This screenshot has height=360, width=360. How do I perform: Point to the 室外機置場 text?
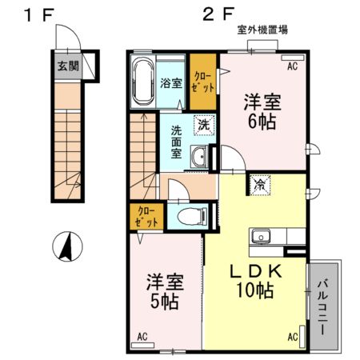coord(262,30)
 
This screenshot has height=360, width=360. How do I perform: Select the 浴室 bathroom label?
coord(170,83)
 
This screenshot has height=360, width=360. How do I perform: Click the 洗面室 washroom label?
coord(175,142)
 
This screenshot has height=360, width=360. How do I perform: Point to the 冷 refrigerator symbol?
coord(261,185)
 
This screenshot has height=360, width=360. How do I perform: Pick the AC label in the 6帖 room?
coord(293,66)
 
